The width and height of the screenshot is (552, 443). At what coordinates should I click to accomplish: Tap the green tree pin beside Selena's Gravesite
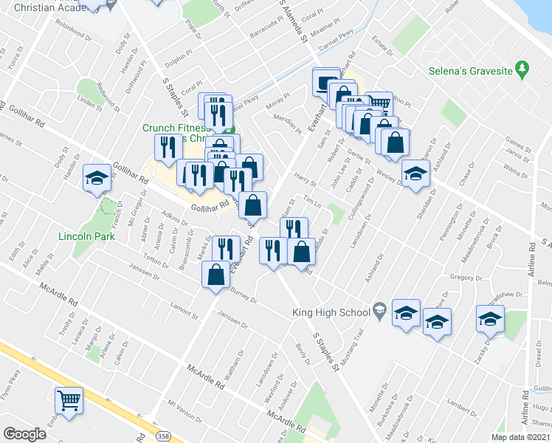click(522, 68)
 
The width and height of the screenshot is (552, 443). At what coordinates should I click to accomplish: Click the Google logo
click(24, 434)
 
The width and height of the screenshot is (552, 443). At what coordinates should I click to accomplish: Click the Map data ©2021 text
click(520, 436)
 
